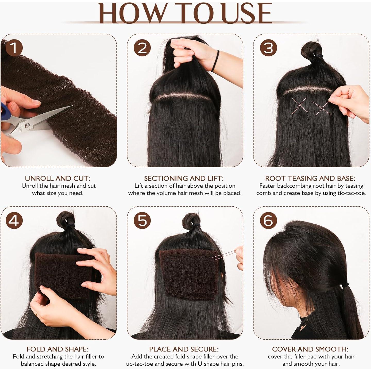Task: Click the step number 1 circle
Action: (x=14, y=48)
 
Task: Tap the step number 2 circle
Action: (x=142, y=48)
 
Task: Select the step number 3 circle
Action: (x=268, y=48)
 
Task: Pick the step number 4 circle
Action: (x=14, y=221)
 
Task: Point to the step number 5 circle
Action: (x=142, y=221)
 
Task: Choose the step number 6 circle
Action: (x=268, y=221)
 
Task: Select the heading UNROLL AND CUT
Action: (x=58, y=178)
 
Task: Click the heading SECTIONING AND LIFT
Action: (x=184, y=178)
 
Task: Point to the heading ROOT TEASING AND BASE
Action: (x=310, y=178)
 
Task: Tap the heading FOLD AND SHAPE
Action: (x=58, y=349)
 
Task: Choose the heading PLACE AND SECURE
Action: (x=184, y=349)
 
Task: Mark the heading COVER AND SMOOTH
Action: (x=310, y=349)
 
